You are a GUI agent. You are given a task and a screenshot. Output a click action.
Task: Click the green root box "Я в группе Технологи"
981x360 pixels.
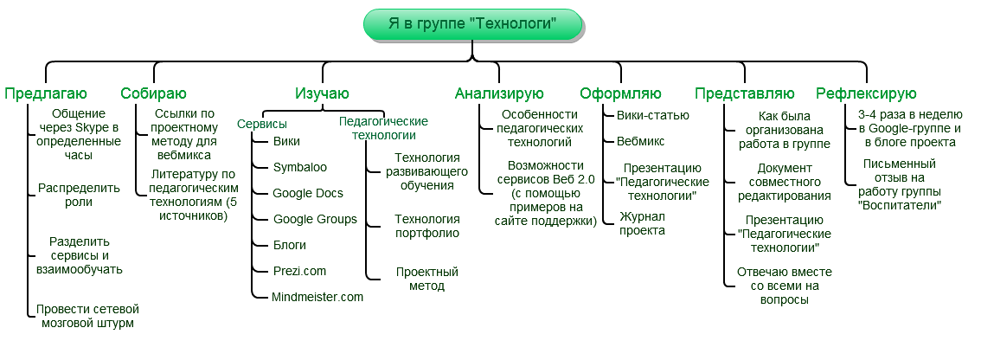[472, 23]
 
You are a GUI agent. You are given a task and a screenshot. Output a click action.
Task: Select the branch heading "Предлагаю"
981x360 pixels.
[46, 93]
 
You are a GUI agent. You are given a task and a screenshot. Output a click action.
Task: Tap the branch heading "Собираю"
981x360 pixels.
[153, 93]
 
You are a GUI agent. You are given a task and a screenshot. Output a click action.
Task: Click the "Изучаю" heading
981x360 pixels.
[322, 93]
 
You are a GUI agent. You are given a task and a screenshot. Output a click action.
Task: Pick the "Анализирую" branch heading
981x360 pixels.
[499, 93]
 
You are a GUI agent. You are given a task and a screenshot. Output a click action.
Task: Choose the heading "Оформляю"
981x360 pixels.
[620, 93]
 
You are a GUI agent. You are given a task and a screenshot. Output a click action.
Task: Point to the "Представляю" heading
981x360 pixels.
[744, 93]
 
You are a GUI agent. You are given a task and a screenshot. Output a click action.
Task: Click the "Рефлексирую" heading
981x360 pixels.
[866, 93]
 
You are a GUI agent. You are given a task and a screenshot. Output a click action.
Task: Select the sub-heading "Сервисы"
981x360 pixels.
[262, 123]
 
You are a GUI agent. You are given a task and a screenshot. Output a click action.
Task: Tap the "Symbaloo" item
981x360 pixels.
[299, 167]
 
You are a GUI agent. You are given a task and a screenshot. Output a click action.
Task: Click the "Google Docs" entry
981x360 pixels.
[307, 193]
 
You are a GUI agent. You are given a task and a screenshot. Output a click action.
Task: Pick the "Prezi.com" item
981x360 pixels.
[299, 271]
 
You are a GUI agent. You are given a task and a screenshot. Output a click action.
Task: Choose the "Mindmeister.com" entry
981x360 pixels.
[317, 297]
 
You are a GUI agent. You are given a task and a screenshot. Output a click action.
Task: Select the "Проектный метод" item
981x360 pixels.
[426, 279]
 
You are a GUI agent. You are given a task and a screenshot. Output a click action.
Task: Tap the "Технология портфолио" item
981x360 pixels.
[426, 225]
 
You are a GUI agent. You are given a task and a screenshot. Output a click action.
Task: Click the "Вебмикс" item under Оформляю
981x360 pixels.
[640, 140]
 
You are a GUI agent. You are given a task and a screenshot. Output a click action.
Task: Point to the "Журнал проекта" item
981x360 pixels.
[642, 223]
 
